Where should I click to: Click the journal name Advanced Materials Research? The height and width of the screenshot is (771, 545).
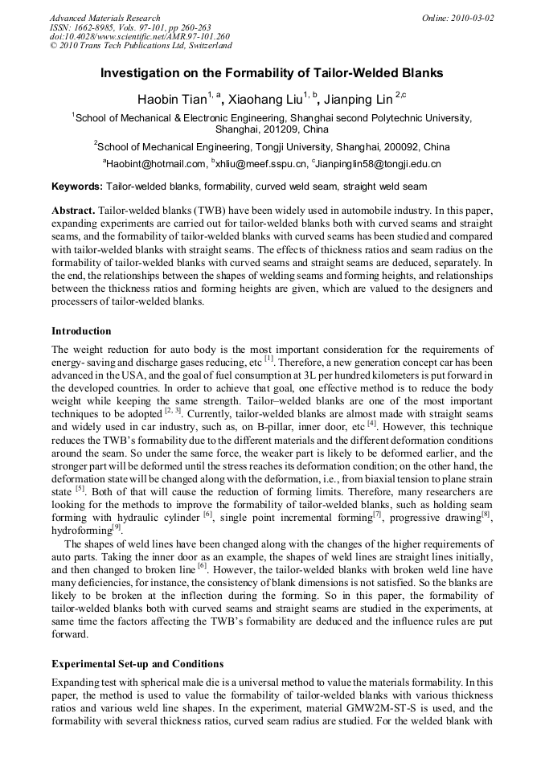[104, 18]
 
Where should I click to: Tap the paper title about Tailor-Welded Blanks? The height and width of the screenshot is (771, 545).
[272, 73]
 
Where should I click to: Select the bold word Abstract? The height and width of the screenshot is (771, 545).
[73, 210]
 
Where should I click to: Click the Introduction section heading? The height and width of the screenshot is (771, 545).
[81, 331]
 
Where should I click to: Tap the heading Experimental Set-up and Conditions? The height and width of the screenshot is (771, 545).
[137, 665]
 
